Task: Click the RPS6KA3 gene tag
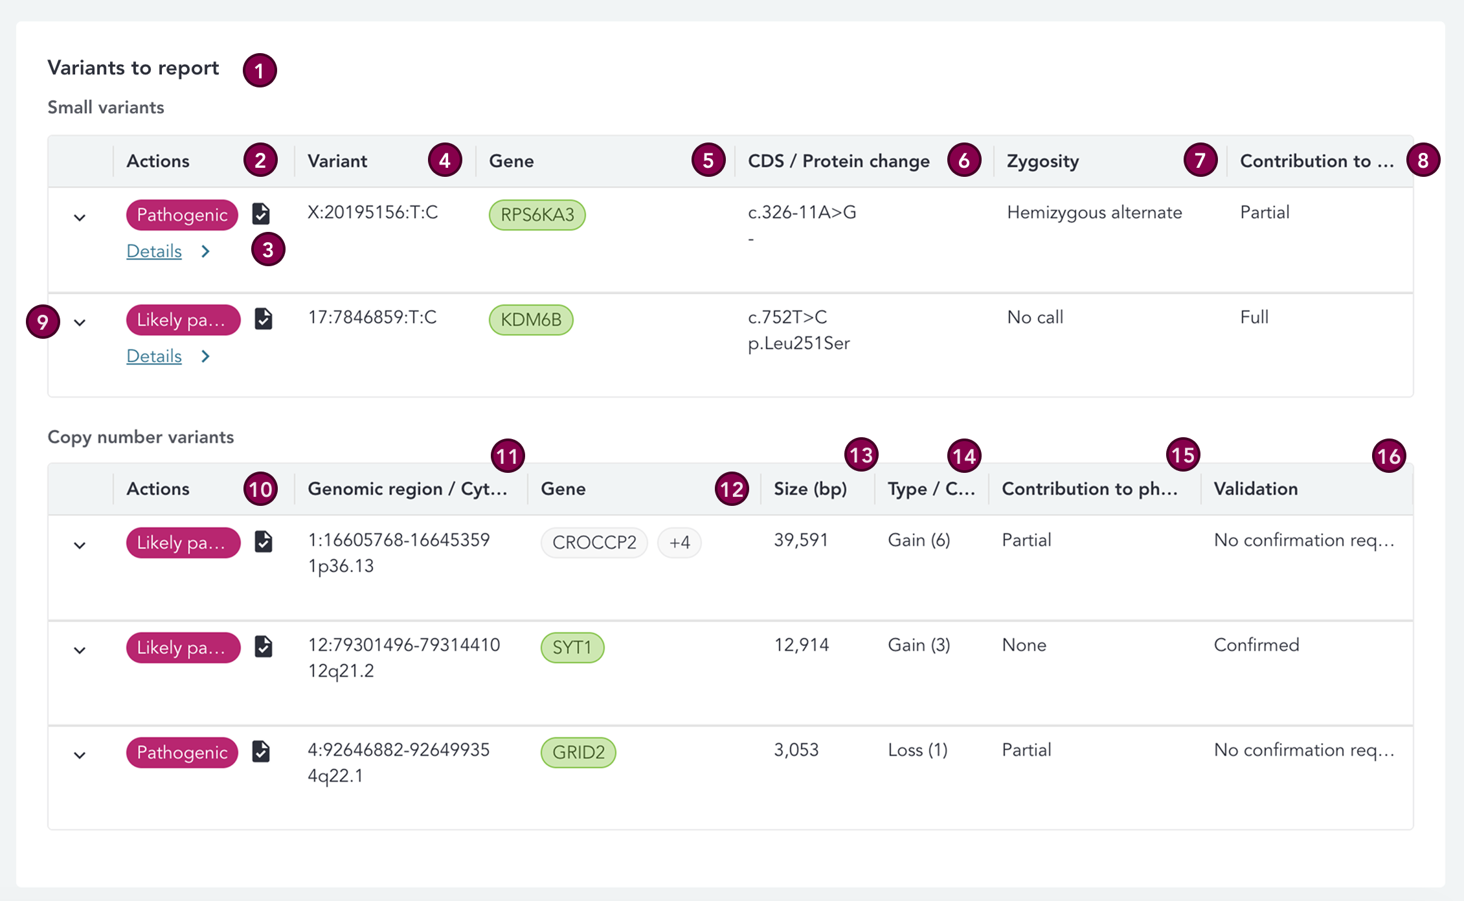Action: coord(537,215)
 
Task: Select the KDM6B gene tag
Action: coord(530,320)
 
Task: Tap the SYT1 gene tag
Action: coord(572,648)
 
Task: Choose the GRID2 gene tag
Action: coord(578,753)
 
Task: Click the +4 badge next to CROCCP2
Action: coord(679,543)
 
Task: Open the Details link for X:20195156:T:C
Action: coord(154,251)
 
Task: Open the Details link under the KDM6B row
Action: coord(154,356)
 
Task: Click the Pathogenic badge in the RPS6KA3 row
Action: coord(182,215)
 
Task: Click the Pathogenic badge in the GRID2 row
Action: coord(182,753)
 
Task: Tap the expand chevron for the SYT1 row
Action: coord(80,650)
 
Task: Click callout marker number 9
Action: coord(43,322)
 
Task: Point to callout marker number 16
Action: coord(1388,457)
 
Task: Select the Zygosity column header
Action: coord(1042,161)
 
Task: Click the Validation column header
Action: coord(1255,489)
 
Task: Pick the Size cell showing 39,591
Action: coord(801,540)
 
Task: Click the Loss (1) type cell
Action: coord(918,750)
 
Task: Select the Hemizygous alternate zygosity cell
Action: coord(1094,212)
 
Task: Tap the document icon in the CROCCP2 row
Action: coord(264,542)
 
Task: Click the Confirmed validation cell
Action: coord(1256,645)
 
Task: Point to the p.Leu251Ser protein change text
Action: coord(798,343)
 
